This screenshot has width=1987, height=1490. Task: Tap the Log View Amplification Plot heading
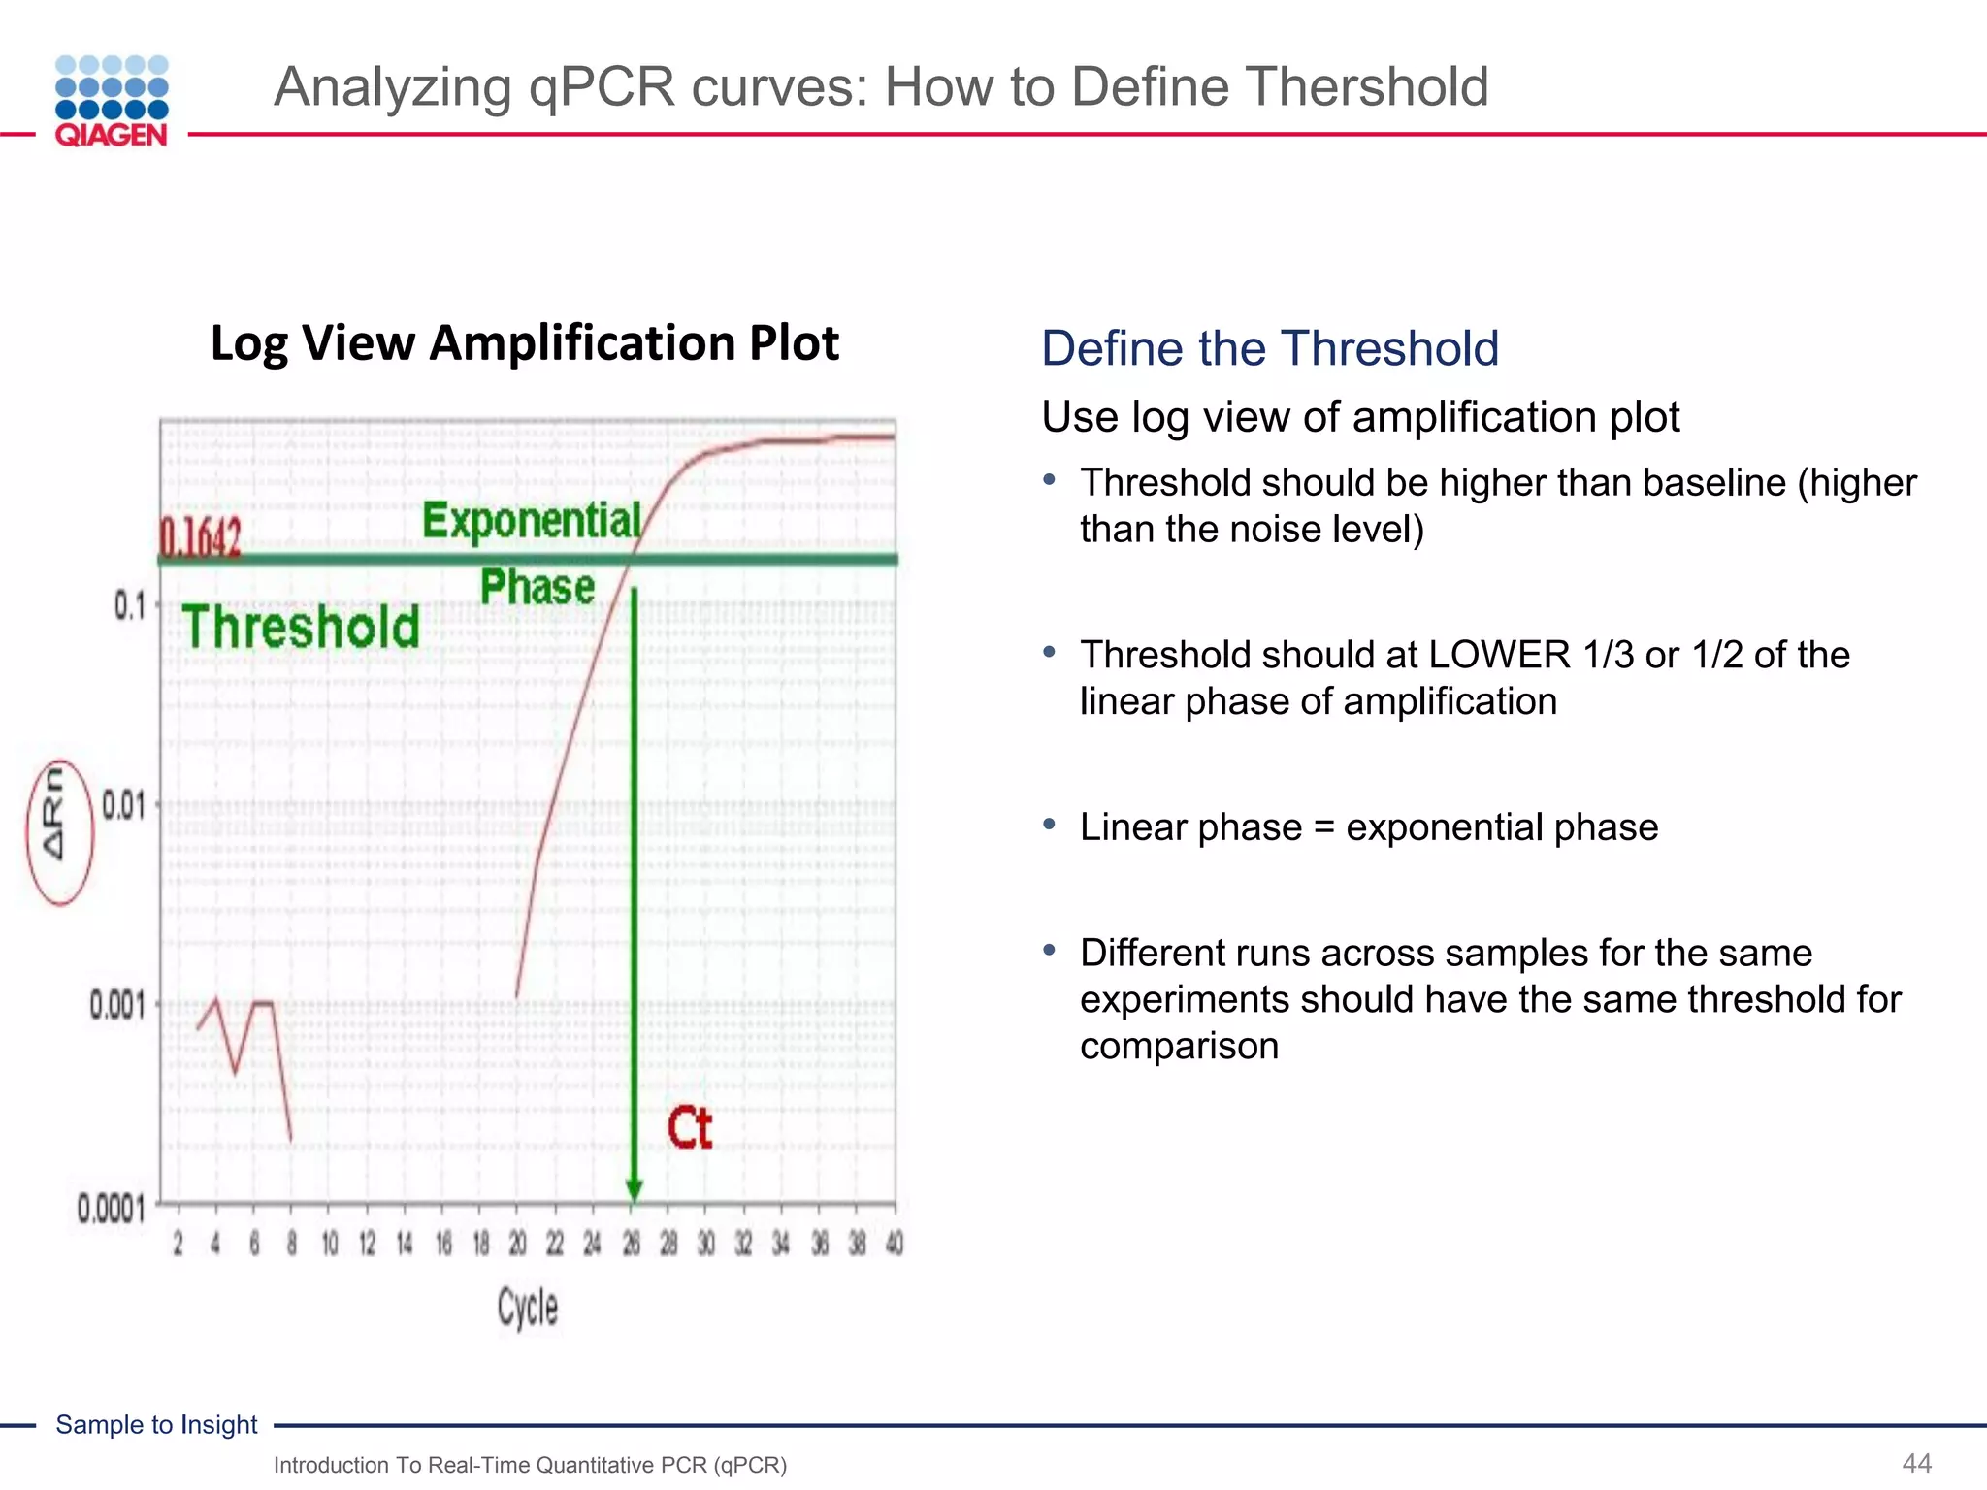(524, 342)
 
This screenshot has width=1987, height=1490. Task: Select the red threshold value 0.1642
(200, 536)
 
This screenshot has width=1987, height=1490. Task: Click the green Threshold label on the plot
(301, 627)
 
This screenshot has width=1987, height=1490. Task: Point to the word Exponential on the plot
(532, 521)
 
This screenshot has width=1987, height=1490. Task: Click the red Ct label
(689, 1128)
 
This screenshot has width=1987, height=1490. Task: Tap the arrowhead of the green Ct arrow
(634, 1190)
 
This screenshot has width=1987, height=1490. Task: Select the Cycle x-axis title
(527, 1308)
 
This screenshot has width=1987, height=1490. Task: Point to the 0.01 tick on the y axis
(123, 805)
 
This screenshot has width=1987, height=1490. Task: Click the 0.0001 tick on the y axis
(111, 1210)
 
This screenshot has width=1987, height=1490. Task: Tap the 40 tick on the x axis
(894, 1244)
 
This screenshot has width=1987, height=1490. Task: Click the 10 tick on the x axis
(330, 1244)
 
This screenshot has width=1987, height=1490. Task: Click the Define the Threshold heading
(1269, 348)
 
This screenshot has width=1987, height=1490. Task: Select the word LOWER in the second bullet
(1499, 655)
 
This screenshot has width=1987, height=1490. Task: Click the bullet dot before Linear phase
(1049, 825)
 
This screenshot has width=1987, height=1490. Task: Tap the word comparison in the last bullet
(1179, 1046)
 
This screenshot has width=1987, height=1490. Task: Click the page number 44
(1916, 1463)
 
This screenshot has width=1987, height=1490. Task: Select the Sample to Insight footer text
(156, 1424)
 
